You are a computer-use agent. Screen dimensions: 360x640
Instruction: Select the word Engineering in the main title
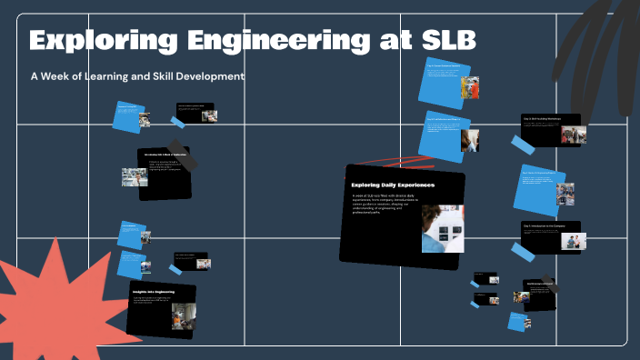pos(274,41)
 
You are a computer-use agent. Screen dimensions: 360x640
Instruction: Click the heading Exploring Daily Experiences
pos(393,185)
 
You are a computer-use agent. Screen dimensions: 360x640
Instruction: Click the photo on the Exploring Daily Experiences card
pos(443,228)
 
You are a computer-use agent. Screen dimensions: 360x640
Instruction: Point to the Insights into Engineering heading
pos(152,292)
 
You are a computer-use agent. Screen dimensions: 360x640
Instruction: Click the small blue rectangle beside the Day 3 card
pos(522,145)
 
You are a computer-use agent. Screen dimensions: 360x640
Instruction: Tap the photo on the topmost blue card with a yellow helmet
pos(470,87)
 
